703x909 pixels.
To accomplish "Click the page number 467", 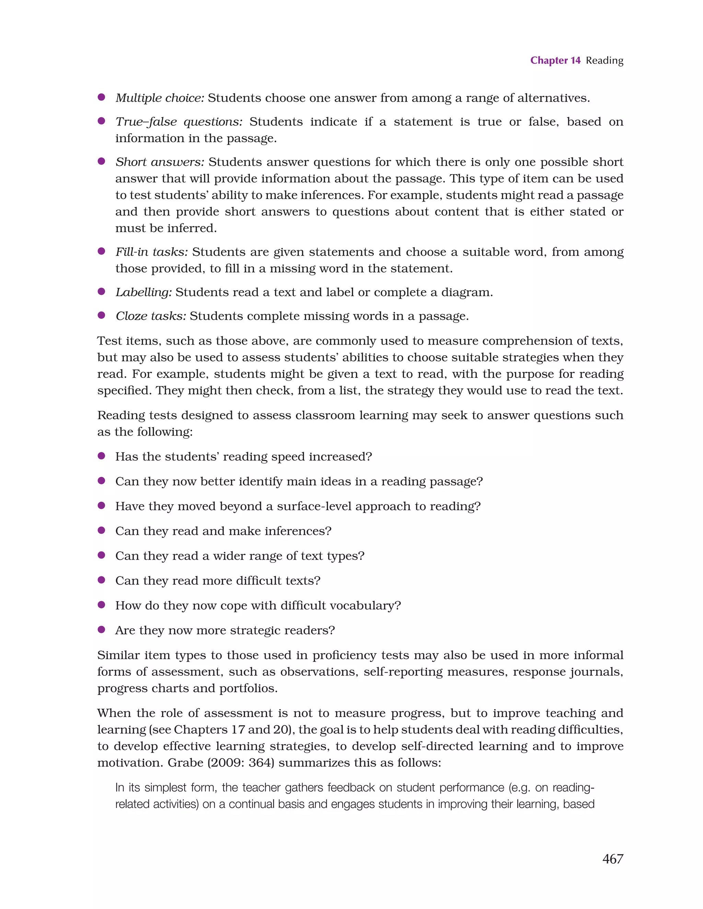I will point(612,858).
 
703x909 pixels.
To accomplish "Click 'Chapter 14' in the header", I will point(555,60).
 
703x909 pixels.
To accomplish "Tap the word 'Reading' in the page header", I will point(604,61).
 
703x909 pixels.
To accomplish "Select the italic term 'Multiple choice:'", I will point(160,98).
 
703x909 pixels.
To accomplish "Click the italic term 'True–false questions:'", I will point(179,122).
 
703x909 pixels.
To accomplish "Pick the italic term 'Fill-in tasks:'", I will point(152,252).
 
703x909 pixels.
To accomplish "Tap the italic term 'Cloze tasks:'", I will point(151,316).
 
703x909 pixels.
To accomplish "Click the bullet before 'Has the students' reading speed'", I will point(101,456).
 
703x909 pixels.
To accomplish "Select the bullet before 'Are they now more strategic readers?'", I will point(101,629).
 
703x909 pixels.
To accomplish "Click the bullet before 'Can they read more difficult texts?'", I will point(101,580).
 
